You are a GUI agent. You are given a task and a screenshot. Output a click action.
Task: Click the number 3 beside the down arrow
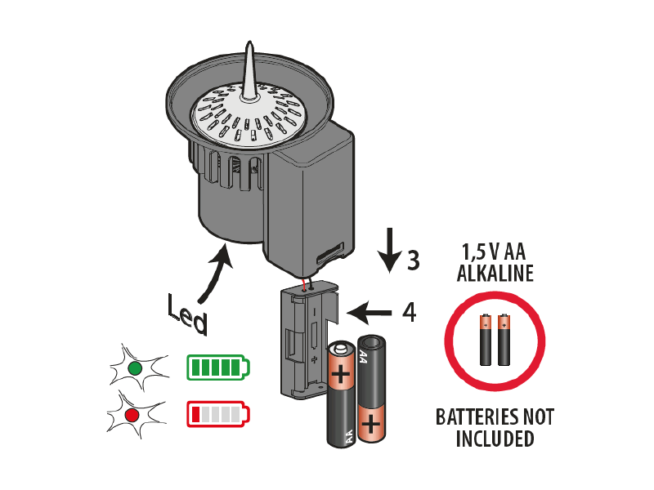point(413,260)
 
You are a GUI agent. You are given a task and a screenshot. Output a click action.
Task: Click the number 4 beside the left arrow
point(410,312)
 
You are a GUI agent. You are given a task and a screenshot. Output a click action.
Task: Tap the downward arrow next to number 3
point(390,250)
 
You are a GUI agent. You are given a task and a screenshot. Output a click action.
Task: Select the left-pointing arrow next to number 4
point(370,312)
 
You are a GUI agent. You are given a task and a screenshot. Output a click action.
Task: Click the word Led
point(187,314)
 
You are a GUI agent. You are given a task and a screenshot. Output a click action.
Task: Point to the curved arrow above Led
point(217,273)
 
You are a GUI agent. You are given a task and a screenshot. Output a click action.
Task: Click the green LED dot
point(135,369)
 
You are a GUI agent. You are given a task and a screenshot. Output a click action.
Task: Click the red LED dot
point(132,416)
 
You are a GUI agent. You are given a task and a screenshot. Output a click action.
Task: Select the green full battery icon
point(218,367)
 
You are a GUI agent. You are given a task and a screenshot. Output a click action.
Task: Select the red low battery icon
point(218,414)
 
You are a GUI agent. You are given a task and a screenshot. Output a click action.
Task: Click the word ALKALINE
point(495,274)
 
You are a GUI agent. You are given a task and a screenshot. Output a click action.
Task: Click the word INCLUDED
point(495,439)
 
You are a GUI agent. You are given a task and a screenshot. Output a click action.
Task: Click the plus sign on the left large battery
point(341,374)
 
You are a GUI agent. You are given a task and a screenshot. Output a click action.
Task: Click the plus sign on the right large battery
point(371,425)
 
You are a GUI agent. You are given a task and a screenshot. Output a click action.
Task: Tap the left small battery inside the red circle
point(486,340)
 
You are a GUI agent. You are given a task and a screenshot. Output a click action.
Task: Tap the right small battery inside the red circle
point(504,340)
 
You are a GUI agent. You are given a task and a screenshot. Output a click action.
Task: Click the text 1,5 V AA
point(494,252)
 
